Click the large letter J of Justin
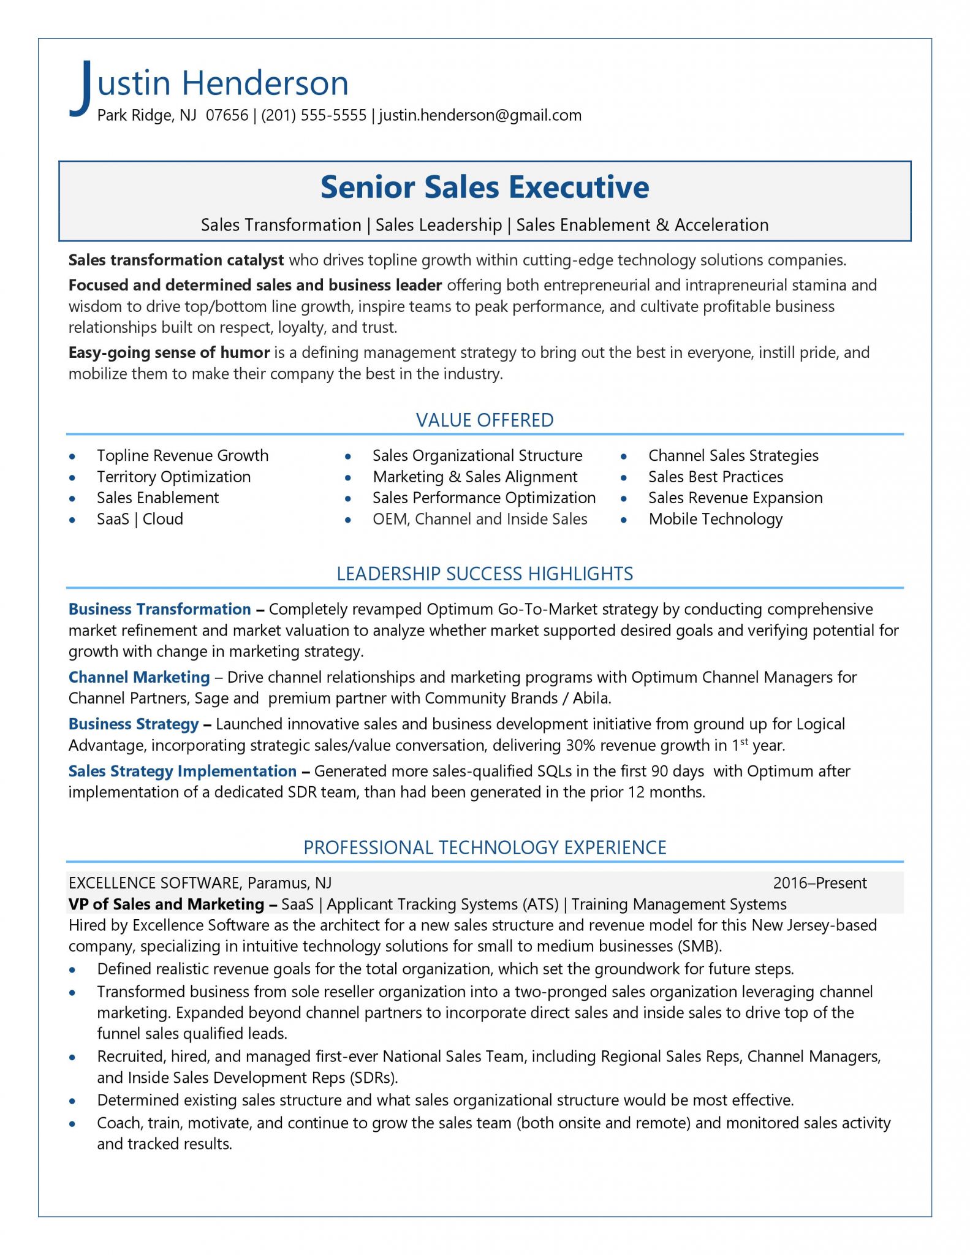click(81, 87)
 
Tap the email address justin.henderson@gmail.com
click(480, 115)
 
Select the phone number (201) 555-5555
click(313, 115)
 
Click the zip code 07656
click(227, 115)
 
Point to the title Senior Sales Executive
click(484, 187)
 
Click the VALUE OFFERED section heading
click(484, 420)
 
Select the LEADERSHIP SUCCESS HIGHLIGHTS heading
click(484, 574)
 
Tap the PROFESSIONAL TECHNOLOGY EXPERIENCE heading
click(484, 847)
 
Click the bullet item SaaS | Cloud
click(140, 520)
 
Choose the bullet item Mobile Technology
click(715, 520)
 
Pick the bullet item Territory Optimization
click(173, 477)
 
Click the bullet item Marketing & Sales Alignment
click(474, 477)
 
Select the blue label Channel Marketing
click(139, 677)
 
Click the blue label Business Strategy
click(134, 724)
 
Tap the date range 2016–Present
click(819, 883)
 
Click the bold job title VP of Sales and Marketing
click(166, 904)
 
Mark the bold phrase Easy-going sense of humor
click(169, 353)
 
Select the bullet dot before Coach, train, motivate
click(73, 1124)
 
